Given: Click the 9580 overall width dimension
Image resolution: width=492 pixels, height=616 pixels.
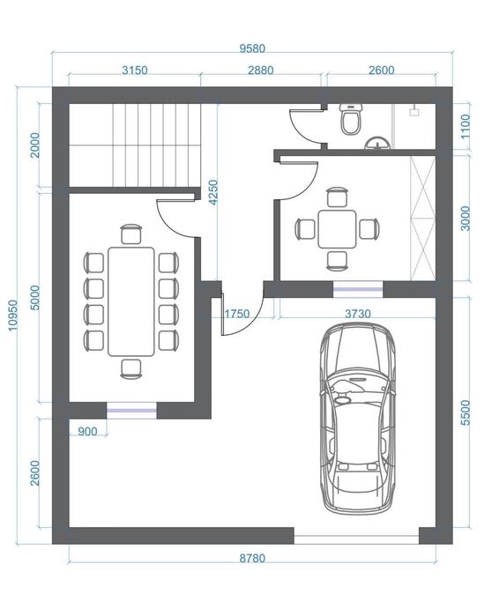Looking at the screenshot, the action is point(252,48).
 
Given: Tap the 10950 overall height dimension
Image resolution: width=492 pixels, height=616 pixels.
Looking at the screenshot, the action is point(13,315).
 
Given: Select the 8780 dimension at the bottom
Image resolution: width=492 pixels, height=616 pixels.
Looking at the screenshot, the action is point(252,558).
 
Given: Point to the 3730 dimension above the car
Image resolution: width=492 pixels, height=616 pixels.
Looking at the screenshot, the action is point(358,314).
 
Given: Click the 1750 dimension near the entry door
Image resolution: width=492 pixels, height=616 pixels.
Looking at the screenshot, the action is point(237,314).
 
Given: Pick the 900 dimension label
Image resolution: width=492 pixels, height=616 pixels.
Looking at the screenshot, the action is point(87,431).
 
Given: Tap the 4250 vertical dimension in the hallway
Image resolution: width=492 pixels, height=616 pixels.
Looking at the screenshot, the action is point(213,192).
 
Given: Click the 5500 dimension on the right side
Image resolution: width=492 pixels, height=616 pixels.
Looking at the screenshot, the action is point(466,412).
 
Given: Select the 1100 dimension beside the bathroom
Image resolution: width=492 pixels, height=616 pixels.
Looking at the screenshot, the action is point(466,126).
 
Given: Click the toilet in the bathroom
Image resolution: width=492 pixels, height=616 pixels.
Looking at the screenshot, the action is point(351,119).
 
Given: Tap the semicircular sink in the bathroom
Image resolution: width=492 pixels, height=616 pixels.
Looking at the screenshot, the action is point(377,143).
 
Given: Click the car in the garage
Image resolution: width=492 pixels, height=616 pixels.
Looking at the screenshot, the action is point(357,419).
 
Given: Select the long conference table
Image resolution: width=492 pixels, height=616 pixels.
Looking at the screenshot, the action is point(131,301).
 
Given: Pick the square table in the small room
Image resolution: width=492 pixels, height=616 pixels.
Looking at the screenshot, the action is point(337,229).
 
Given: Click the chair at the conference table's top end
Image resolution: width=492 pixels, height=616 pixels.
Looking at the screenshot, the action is point(131,234).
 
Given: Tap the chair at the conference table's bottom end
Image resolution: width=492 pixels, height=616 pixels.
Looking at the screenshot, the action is point(131,369).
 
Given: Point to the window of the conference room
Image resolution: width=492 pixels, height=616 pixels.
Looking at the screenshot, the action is point(131,411).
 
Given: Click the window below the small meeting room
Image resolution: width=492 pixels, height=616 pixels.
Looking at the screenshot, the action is point(358,290).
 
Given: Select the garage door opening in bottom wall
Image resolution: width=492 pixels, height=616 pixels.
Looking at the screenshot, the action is point(356,536).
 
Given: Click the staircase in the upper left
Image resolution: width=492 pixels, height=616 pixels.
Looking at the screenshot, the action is point(135,145).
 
